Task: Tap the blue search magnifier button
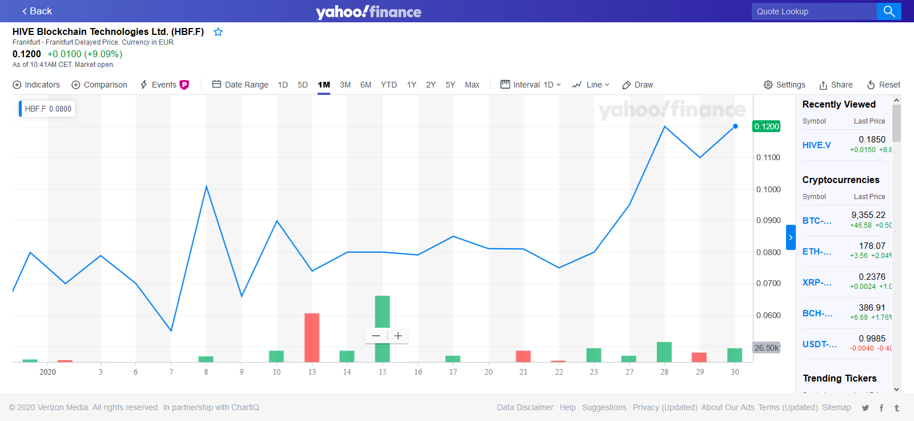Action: tap(889, 11)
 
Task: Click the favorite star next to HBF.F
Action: tap(218, 32)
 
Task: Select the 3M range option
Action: tap(345, 85)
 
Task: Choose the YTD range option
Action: tap(388, 85)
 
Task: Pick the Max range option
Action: tap(472, 85)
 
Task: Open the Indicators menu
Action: tap(36, 85)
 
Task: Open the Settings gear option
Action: tap(784, 85)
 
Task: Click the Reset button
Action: tap(883, 85)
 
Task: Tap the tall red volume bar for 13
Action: tap(312, 337)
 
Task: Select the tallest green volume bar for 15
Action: tap(382, 328)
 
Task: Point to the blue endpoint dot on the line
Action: tap(735, 126)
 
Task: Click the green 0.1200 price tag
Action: tap(767, 126)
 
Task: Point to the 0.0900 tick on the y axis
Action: tap(768, 220)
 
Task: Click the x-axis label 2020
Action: tap(47, 372)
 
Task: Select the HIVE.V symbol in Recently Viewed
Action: tap(816, 145)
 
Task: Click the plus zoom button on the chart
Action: tap(398, 336)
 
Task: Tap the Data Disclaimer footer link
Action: tap(525, 407)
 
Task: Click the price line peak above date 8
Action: tap(206, 186)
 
